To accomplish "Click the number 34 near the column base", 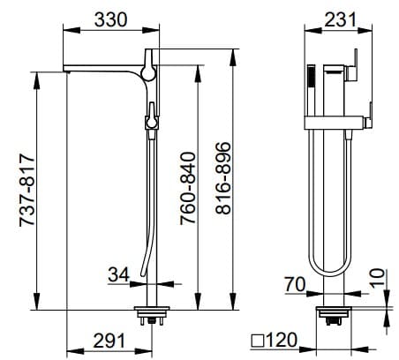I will click(117, 275).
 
